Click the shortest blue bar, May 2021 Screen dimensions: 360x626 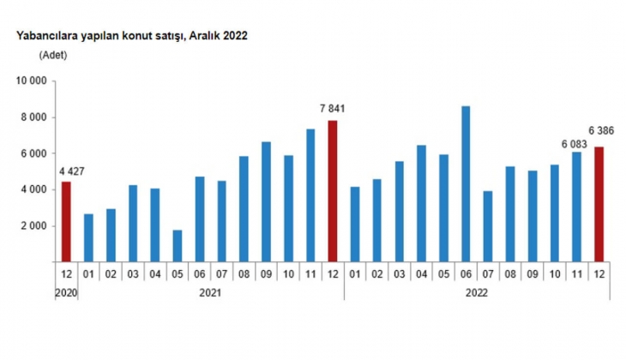tap(178, 245)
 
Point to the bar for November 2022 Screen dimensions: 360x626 tap(577, 207)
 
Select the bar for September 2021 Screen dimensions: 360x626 tap(266, 201)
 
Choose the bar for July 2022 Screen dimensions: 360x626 tap(488, 226)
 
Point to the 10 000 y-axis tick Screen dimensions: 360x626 tap(28, 81)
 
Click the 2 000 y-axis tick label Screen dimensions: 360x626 tap(32, 226)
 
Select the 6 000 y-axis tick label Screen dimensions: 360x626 tap(32, 153)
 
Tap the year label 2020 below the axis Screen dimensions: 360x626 tap(66, 292)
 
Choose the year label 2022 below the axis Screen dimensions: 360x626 tap(478, 292)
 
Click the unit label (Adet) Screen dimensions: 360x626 tap(52, 55)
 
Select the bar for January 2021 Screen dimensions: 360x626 tap(88, 237)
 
